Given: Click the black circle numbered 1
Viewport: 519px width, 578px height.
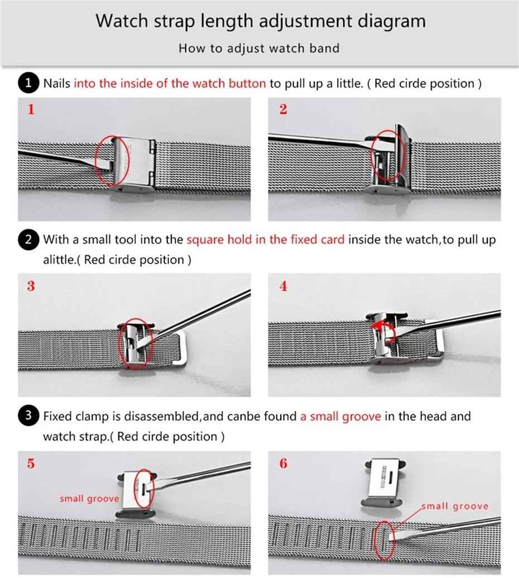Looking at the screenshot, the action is pos(28,83).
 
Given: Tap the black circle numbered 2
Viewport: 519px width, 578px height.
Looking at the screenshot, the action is pos(28,239).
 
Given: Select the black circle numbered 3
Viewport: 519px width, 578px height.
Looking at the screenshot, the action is pos(28,416).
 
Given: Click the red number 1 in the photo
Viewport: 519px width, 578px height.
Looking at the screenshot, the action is pos(31,109).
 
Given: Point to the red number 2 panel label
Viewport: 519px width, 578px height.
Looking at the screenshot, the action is pos(283,109).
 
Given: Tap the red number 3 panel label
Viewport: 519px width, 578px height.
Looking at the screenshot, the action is pos(31,286).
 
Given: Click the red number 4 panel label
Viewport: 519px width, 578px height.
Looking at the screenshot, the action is pos(283,286).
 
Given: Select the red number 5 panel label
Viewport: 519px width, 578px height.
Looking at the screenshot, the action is pos(31,464).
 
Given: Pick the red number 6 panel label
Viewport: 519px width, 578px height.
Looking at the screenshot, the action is pos(283,464).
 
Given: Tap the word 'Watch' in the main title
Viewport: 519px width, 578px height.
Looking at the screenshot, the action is pos(122,21).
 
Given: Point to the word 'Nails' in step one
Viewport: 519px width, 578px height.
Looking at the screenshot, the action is pos(57,83).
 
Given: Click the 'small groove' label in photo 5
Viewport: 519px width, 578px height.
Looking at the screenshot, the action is pos(90,499).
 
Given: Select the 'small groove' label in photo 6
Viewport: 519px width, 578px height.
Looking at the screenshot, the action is pos(455,506).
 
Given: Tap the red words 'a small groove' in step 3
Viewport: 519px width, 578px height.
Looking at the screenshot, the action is pos(340,417).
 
